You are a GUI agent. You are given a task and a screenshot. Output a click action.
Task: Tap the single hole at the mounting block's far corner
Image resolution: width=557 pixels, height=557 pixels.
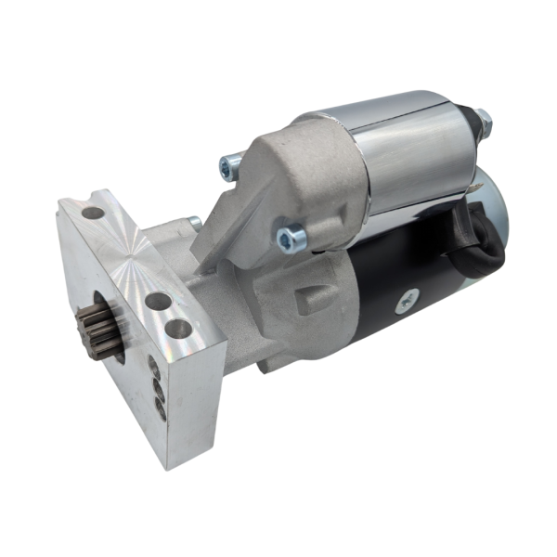(93, 213)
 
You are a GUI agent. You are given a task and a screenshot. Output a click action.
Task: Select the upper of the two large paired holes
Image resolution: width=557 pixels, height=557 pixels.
(158, 302)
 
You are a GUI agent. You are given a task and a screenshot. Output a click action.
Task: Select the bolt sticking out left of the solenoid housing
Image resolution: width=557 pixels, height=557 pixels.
(229, 166)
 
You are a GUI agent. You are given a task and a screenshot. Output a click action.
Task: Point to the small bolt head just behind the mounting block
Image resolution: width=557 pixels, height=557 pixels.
(193, 223)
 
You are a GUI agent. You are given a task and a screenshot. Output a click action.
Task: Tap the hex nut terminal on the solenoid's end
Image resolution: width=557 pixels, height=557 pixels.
(482, 120)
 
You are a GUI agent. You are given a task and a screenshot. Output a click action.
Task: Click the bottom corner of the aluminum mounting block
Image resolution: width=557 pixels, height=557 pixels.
(168, 462)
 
